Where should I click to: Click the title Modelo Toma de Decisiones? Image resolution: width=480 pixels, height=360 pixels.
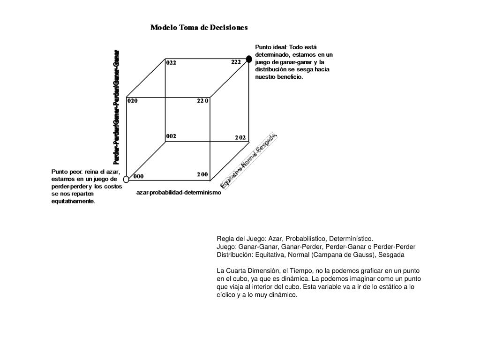coord(199,28)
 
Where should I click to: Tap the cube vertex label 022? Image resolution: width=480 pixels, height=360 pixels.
coord(171,63)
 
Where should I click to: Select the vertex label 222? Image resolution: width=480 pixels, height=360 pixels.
coord(236,62)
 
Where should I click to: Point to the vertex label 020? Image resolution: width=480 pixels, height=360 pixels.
coord(133,100)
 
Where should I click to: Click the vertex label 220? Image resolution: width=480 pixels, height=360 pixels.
coord(202,100)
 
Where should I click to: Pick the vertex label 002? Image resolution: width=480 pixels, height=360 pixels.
coord(171,136)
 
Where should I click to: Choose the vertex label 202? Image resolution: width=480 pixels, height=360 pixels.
coord(240,138)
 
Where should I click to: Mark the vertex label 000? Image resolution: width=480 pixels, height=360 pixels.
coord(138,177)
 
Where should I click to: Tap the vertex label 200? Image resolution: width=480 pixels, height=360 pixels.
coord(202,174)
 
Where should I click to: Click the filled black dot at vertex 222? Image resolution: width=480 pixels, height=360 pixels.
coord(249,59)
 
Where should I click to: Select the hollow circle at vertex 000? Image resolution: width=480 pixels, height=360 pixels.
coord(126,179)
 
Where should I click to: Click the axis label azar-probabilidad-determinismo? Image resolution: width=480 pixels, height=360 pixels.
coord(178,193)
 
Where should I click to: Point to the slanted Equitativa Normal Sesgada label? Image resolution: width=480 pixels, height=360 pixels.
coord(249,160)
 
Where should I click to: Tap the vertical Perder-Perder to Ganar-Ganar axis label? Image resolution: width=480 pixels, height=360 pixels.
coord(116,107)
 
